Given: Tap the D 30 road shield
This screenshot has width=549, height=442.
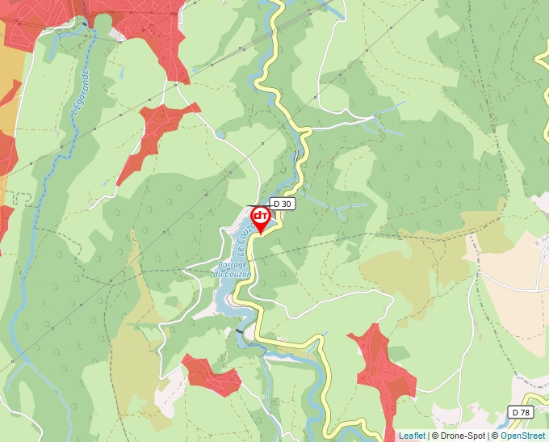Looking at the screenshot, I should tap(282, 204).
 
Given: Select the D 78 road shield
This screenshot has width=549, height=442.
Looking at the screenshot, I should tap(522, 412).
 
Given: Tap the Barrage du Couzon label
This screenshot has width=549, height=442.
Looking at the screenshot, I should tap(233, 270).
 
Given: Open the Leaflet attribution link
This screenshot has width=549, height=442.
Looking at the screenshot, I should tap(412, 436).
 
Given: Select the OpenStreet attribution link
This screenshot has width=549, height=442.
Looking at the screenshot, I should tap(524, 436).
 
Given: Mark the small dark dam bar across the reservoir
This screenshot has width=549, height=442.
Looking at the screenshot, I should tap(239, 332).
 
